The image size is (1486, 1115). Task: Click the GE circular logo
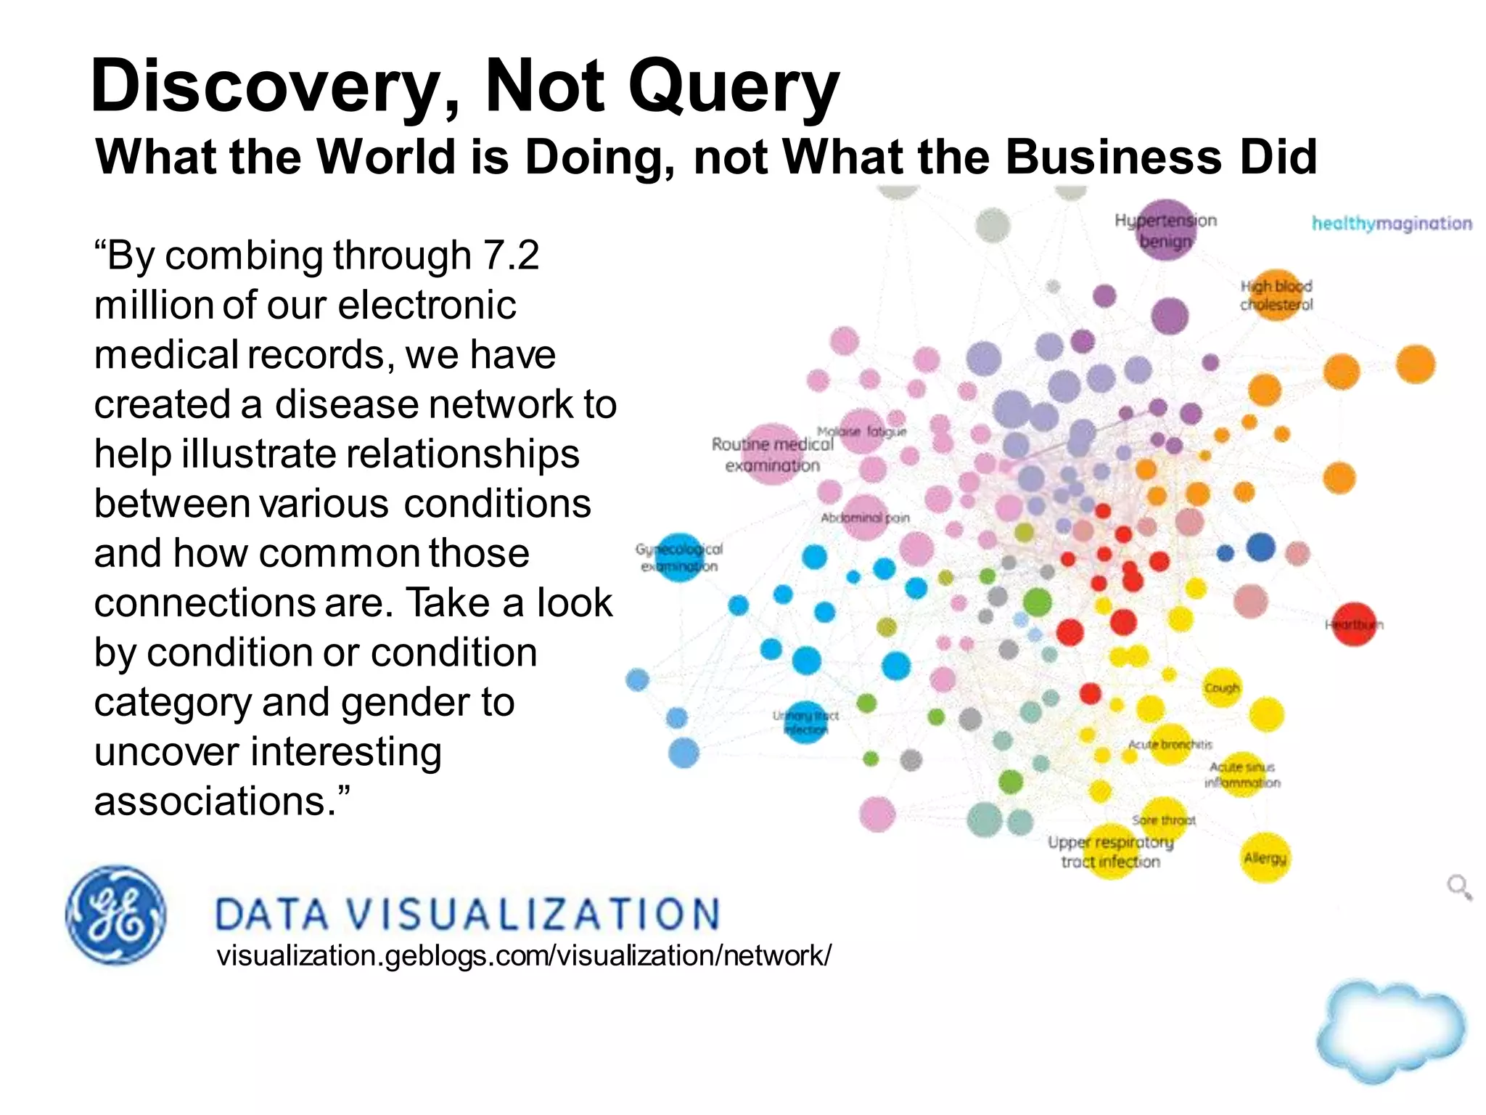[115, 915]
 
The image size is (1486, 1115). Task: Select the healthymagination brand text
[1391, 224]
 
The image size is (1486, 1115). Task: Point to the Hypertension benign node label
[1165, 230]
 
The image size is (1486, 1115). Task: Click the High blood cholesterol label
[1276, 295]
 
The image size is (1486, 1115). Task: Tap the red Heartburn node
[1354, 624]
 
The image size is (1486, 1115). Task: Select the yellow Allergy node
[1265, 858]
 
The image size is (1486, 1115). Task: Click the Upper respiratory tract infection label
[1110, 851]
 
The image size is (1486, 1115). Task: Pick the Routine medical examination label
[773, 454]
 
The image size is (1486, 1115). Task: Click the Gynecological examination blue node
[679, 557]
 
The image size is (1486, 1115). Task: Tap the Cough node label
[1222, 687]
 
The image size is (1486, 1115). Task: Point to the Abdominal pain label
[864, 518]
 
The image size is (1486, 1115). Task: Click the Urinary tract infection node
[805, 723]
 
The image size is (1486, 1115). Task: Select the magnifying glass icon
[1458, 887]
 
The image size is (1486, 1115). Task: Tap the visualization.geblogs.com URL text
[524, 955]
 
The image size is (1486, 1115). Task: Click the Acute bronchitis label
[1170, 744]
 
